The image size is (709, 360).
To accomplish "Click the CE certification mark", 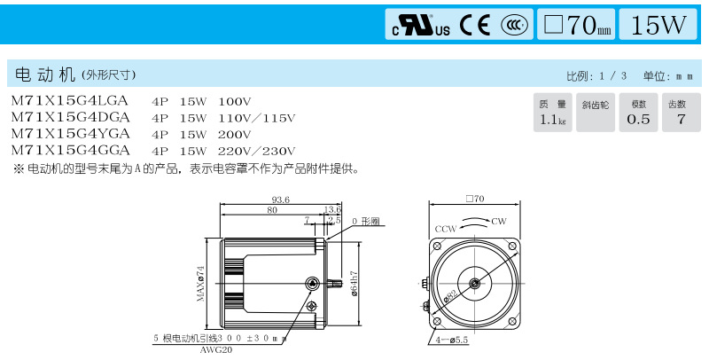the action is [x=475, y=25].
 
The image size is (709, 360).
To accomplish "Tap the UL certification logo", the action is [x=421, y=26].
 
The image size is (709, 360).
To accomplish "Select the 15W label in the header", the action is [x=658, y=25].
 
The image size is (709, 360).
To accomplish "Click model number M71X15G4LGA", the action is [x=70, y=101].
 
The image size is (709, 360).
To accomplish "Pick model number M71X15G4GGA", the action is [x=70, y=150].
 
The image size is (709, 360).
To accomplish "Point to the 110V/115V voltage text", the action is [x=256, y=118].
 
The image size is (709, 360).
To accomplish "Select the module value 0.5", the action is [x=638, y=120].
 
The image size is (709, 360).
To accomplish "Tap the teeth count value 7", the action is [x=681, y=120].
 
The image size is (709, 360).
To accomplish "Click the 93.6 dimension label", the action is [x=280, y=200].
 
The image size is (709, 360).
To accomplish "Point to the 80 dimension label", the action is [x=272, y=210].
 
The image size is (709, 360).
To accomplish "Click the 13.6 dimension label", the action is [x=332, y=209].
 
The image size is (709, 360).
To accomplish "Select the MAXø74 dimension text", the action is [x=201, y=284].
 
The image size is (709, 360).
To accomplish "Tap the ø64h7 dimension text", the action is [x=354, y=284].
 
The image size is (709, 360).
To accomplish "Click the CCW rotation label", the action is [x=446, y=229].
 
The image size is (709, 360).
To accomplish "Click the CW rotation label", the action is [x=499, y=222].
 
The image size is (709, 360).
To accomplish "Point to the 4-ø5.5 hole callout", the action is [x=451, y=340].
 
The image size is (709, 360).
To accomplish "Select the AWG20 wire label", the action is [x=216, y=349].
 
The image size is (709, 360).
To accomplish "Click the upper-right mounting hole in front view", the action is [x=512, y=246].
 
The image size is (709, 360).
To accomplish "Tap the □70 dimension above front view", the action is [x=475, y=199].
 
